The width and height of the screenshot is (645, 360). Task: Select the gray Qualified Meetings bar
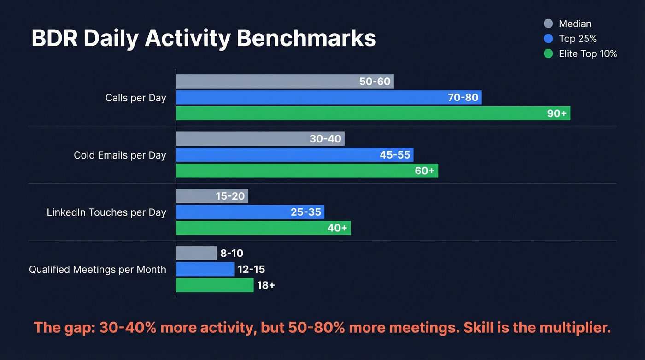[196, 253]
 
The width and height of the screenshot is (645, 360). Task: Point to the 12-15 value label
[251, 269]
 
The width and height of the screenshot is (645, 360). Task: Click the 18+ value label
[266, 285]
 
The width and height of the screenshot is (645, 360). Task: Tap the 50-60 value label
[375, 82]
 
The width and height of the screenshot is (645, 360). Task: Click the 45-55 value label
[394, 155]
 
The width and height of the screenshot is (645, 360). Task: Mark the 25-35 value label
[305, 212]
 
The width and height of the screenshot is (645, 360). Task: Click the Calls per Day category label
[135, 98]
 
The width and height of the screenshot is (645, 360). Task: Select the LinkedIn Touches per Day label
[106, 212]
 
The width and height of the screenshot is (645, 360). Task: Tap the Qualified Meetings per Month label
[97, 270]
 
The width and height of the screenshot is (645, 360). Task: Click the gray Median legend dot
[548, 24]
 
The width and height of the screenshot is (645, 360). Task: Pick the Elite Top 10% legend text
[587, 53]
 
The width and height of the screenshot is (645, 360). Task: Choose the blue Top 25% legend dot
[548, 39]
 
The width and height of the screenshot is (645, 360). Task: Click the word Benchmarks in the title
[306, 39]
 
